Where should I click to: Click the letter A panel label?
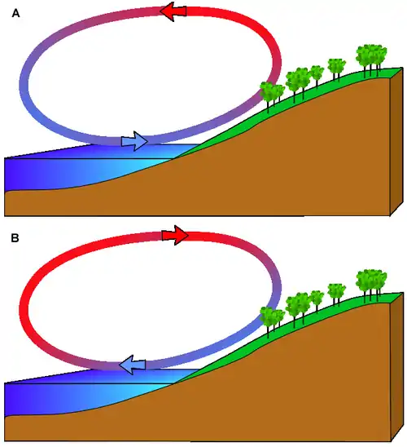(x=16, y=13)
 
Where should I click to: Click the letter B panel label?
(x=15, y=237)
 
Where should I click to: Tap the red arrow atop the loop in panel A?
(x=173, y=11)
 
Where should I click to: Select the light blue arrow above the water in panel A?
(x=134, y=141)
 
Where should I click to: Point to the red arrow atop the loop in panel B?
(x=175, y=235)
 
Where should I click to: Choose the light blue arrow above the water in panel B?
(x=132, y=365)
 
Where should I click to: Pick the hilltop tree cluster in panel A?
(x=371, y=59)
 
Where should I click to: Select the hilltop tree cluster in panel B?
(x=371, y=284)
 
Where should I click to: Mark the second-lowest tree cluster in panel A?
(x=297, y=83)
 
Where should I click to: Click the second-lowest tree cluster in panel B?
(x=297, y=308)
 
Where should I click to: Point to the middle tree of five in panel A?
(x=317, y=74)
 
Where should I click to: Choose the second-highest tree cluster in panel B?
(x=336, y=294)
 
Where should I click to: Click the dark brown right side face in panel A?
(x=396, y=141)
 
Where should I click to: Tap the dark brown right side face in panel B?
(x=396, y=366)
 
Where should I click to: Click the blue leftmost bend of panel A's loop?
(x=24, y=82)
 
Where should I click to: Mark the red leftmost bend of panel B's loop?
(x=24, y=308)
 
